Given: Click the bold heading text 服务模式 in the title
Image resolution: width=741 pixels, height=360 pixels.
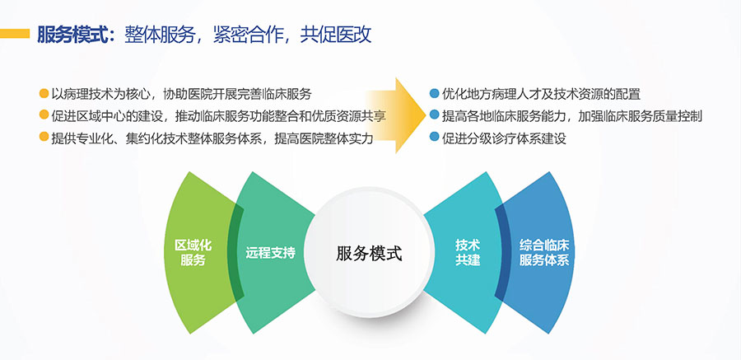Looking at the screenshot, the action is click(72, 35).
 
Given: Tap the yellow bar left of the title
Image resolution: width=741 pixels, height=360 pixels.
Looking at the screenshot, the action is click(15, 34).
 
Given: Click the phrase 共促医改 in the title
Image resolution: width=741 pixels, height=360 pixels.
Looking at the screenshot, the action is click(336, 35).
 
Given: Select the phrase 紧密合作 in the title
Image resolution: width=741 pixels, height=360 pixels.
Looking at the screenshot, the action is click(248, 35).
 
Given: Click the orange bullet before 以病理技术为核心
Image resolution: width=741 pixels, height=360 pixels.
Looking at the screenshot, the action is click(44, 93).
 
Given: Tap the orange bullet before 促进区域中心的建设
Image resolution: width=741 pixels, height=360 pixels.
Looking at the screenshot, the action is click(44, 115).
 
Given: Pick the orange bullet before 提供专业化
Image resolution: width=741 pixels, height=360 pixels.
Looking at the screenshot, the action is click(44, 138).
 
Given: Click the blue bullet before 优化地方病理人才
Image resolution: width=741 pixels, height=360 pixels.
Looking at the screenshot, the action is click(434, 93).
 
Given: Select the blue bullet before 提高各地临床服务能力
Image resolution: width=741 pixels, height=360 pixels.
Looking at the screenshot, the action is click(434, 115).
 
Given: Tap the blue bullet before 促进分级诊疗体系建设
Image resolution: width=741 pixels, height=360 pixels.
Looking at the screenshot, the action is click(434, 138).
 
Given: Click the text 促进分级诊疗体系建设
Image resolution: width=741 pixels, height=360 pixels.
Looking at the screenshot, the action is click(504, 138).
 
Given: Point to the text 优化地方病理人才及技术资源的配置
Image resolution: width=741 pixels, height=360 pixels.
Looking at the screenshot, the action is click(542, 94).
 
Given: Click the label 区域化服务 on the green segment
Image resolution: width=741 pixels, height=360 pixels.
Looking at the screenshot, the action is click(193, 253).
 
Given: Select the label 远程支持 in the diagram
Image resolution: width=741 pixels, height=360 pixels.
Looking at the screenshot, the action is click(270, 253).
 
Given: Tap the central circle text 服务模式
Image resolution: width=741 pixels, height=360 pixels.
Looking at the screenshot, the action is click(369, 254).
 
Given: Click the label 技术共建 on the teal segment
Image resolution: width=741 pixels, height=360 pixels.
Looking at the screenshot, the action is click(468, 252).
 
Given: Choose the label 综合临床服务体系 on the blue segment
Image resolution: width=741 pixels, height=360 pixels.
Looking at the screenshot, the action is click(544, 253).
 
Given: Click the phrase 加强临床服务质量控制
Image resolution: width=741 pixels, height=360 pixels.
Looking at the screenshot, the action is click(640, 116).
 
